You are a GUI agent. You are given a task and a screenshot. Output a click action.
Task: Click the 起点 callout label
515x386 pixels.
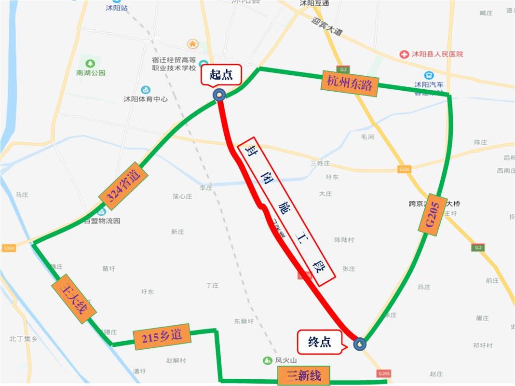coord(221,75)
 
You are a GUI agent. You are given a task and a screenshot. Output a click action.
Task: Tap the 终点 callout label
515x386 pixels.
coord(320,342)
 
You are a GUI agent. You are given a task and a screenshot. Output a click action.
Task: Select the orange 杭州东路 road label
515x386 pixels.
coord(350,83)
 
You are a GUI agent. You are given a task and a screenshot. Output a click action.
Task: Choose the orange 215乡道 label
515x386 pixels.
coord(162,336)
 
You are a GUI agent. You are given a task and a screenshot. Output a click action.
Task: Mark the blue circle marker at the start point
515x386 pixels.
coord(219,95)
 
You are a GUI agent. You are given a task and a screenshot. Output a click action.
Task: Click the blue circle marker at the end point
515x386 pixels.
coord(360,344)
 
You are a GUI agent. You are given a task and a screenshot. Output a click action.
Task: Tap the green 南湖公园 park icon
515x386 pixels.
coord(90,64)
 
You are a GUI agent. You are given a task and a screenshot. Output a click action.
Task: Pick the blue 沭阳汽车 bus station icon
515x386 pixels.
coord(429,75)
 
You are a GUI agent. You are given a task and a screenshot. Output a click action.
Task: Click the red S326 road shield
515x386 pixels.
coord(404,169)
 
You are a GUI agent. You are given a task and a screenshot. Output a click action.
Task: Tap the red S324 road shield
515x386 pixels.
coord(9,248)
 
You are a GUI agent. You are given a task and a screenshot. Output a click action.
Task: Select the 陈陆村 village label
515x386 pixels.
coord(344,240)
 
